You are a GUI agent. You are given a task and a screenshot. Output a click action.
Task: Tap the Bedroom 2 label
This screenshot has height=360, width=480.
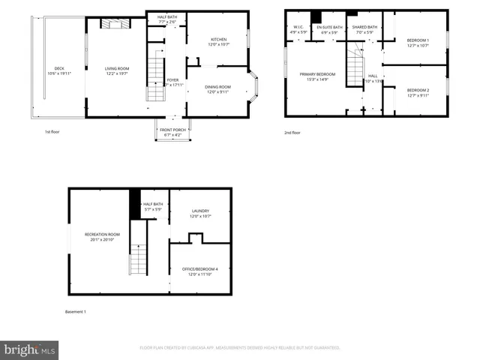click(x=417, y=91)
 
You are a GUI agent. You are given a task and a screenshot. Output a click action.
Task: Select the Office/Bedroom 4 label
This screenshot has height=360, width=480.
click(x=200, y=271)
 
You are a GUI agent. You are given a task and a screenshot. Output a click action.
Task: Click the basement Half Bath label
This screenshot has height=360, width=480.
click(x=153, y=206)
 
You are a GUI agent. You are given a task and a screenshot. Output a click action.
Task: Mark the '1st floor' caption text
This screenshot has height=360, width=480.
click(x=52, y=132)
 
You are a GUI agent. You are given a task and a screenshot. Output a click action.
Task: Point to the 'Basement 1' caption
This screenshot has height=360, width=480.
click(x=75, y=311)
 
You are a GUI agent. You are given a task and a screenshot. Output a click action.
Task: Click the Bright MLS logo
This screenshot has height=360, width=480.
click(x=30, y=349)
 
